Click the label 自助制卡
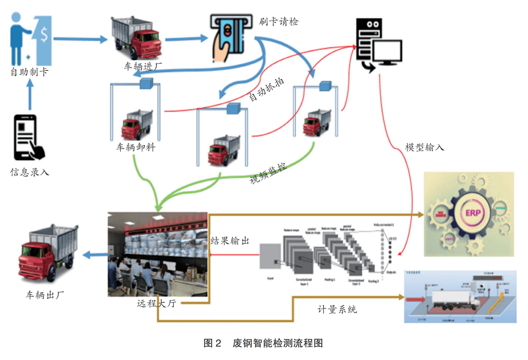pos(29,72)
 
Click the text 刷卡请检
pos(279,21)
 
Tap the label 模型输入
pos(424,147)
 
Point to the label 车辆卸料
pos(135,147)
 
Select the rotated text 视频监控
pos(268,173)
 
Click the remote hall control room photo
pos(157,254)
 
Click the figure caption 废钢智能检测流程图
pos(278,343)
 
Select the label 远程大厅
pos(156,304)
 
